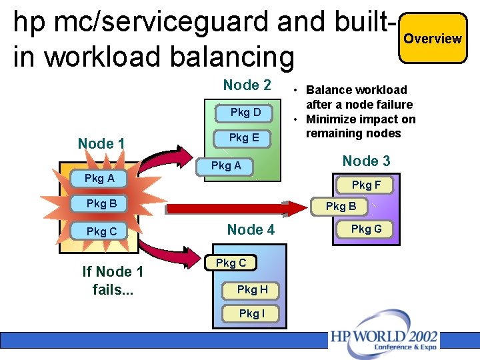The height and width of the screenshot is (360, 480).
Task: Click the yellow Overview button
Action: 433,39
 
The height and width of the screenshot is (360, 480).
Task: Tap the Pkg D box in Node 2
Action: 245,113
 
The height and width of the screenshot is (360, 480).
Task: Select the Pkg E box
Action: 244,138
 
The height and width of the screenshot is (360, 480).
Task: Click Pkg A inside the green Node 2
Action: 226,166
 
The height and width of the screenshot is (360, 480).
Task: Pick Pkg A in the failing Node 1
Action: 99,179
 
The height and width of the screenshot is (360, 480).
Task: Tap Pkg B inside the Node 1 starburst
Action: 102,203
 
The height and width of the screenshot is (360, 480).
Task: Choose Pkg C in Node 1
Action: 102,231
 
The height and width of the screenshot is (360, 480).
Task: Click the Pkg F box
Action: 366,185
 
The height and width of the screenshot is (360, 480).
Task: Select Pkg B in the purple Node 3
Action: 341,207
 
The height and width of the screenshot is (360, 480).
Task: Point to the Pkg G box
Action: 366,229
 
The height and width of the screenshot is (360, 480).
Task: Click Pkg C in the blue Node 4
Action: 231,263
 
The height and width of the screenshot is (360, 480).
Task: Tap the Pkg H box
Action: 252,289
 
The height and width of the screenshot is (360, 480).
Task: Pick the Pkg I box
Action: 251,313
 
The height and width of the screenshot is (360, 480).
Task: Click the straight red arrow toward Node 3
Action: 233,209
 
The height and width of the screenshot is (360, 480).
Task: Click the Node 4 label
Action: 251,230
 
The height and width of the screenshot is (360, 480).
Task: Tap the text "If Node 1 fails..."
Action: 113,281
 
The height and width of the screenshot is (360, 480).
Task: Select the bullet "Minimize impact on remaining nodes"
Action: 360,126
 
